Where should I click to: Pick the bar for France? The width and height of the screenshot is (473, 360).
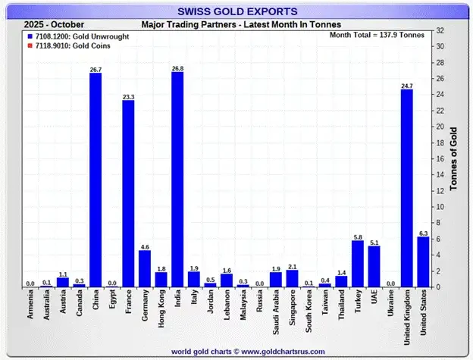click(128, 194)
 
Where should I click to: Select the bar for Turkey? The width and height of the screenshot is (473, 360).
click(358, 264)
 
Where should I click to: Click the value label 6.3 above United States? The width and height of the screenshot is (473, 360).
click(423, 233)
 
